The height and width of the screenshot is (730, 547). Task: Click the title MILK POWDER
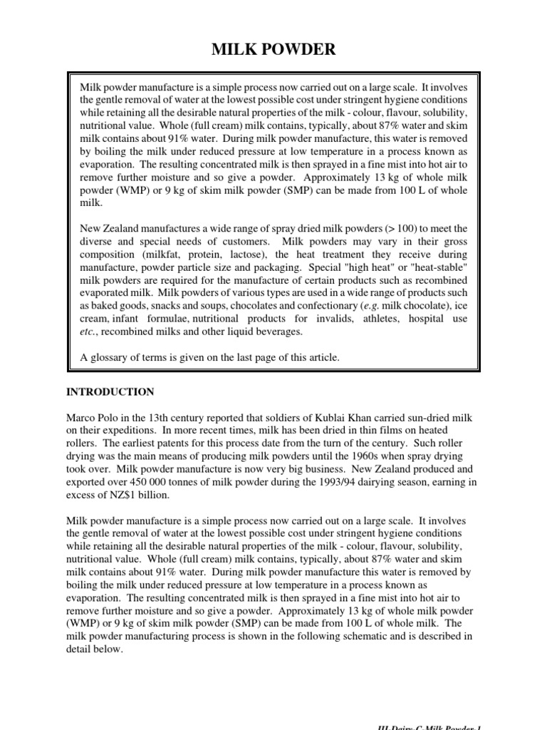point(273,49)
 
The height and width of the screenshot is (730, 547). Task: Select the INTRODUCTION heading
point(110,391)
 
